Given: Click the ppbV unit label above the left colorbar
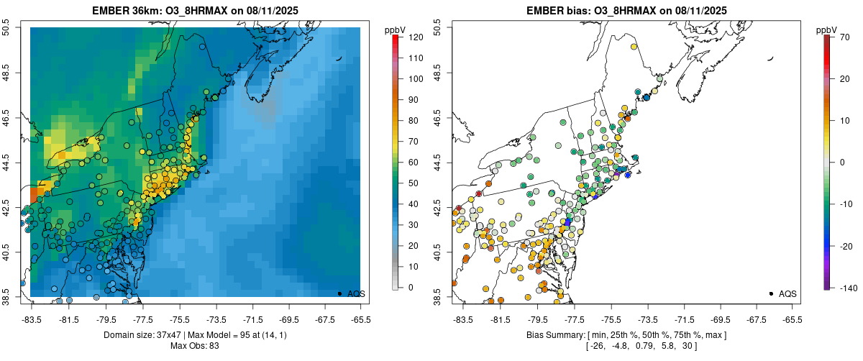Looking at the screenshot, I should (x=396, y=29).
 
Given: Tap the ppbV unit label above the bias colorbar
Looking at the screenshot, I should (x=827, y=29).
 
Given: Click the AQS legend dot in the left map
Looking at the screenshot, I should (x=339, y=293).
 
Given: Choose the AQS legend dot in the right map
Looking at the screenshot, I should (x=771, y=293).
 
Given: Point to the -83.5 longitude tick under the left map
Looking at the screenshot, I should (x=32, y=319).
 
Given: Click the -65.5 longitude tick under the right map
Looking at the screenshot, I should (x=792, y=319).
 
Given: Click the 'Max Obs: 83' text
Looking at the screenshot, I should (x=194, y=346).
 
